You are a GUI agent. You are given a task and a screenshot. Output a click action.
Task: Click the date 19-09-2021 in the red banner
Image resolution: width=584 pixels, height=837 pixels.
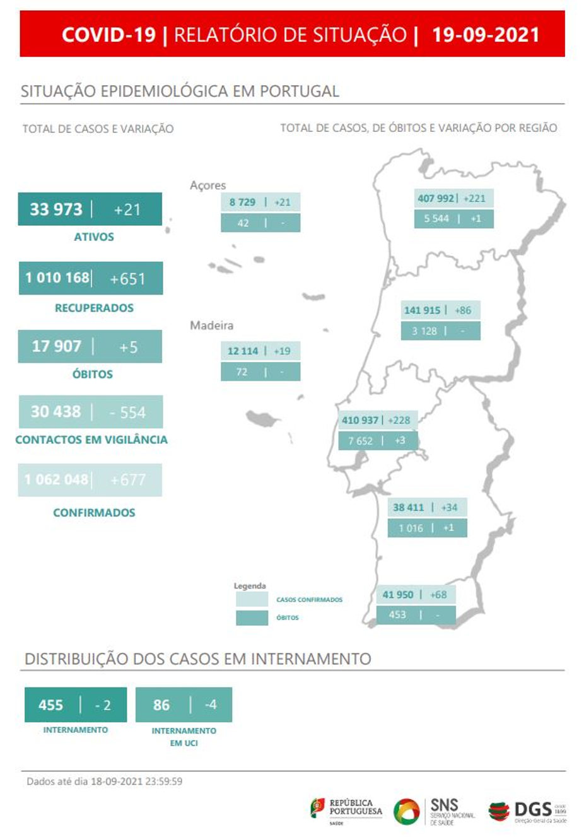pos(486,34)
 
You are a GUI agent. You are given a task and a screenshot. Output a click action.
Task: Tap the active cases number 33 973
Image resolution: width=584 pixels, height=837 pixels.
pos(56,209)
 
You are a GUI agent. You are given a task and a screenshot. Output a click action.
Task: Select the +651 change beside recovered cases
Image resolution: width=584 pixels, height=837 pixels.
pos(127,279)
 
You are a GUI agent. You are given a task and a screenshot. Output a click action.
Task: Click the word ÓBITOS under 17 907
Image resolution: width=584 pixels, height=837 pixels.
pos(92,374)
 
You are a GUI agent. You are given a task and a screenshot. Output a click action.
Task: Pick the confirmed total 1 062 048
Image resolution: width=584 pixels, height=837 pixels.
pos(57,479)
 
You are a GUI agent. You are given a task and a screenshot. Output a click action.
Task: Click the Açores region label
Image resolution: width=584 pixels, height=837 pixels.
pos(207,185)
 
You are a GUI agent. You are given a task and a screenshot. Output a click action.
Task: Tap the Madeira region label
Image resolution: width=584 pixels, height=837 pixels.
pos(211,325)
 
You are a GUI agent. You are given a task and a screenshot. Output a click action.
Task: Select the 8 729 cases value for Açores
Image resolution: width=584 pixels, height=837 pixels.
pos(242,202)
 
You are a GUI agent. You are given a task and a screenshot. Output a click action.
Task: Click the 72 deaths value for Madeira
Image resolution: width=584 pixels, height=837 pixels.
pos(242,372)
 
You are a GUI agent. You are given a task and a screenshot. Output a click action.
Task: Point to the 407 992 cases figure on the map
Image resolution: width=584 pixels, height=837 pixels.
pos(436,198)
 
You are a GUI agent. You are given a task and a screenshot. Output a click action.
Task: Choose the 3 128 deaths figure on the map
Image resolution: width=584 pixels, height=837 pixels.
pos(424,331)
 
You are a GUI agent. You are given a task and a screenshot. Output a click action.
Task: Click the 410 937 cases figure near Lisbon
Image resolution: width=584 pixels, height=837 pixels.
pos(360,420)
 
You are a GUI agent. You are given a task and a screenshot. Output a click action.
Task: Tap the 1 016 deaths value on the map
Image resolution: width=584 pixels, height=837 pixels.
pos(411,528)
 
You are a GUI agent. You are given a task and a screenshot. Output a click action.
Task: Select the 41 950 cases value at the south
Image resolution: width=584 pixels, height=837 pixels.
pos(398,594)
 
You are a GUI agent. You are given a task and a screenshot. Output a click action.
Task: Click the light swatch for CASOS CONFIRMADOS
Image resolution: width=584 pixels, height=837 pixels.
pos(252,599)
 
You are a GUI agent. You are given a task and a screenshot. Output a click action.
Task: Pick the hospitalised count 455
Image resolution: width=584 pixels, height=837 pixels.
pos(50,705)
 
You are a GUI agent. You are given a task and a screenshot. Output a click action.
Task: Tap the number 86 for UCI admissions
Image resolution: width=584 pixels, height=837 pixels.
pos(161,705)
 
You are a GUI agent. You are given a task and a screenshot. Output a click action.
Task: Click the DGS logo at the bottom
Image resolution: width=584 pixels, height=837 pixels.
pos(527,811)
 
